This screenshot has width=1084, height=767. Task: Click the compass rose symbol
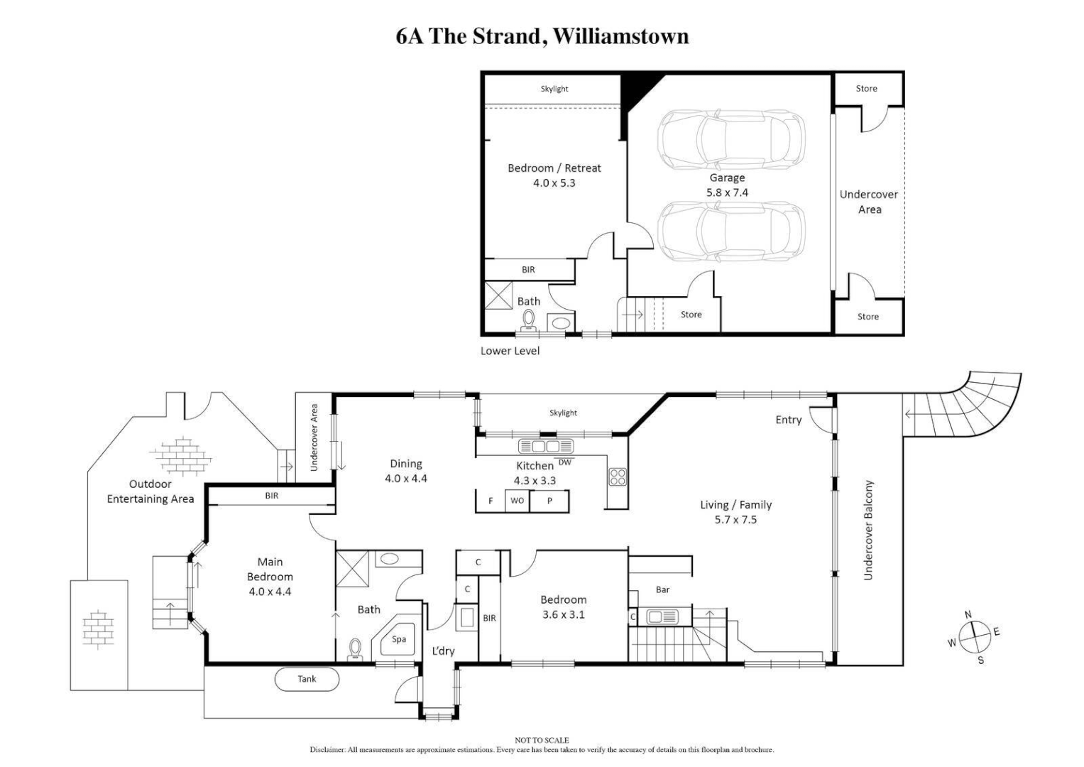[974, 635]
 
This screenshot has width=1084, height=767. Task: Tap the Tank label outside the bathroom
[307, 679]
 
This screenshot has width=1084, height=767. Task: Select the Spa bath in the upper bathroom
[398, 640]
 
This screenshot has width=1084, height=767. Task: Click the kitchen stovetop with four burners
[617, 477]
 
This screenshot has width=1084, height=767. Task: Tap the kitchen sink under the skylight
[546, 446]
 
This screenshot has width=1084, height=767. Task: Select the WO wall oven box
[517, 501]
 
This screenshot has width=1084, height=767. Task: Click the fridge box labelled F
[490, 501]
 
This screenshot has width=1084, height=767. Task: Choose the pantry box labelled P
[549, 501]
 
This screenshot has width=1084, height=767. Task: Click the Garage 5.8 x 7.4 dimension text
[727, 192]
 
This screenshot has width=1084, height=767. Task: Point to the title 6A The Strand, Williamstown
[542, 36]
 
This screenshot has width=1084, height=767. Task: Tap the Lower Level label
[510, 351]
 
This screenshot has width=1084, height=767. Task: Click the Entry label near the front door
[788, 420]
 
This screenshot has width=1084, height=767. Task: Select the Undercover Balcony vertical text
[868, 530]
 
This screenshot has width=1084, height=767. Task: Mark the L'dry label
[443, 651]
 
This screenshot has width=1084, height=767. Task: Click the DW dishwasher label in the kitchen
[565, 462]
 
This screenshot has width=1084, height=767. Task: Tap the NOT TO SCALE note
[542, 740]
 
